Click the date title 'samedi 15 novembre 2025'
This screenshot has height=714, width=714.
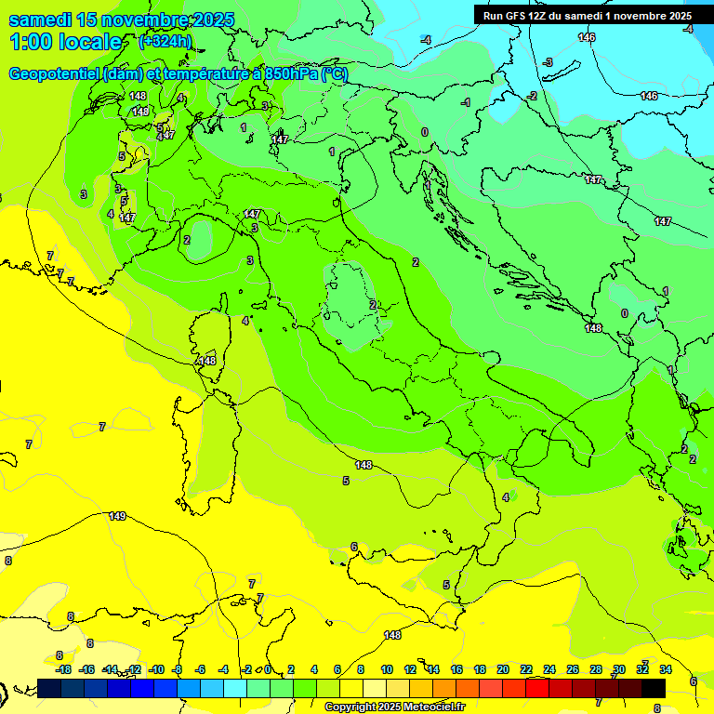tap(121, 20)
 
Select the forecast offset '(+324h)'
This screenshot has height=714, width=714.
tap(165, 42)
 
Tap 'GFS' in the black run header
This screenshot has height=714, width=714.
tap(517, 16)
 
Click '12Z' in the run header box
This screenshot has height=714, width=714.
tap(541, 16)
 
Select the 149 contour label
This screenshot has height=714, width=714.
tap(117, 516)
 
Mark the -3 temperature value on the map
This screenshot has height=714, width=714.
tap(548, 62)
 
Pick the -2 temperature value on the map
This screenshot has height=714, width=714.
tap(532, 96)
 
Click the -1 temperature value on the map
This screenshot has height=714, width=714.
tap(466, 102)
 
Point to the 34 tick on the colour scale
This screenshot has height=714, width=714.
tap(666, 669)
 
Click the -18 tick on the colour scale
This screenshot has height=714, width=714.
tap(63, 669)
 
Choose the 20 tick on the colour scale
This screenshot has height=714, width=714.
tap(503, 669)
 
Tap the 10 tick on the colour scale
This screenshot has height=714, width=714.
tap(386, 669)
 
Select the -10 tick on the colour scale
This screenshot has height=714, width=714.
tap(156, 669)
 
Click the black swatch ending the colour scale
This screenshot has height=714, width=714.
tap(654, 688)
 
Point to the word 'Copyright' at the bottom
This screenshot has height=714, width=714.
tap(350, 707)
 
